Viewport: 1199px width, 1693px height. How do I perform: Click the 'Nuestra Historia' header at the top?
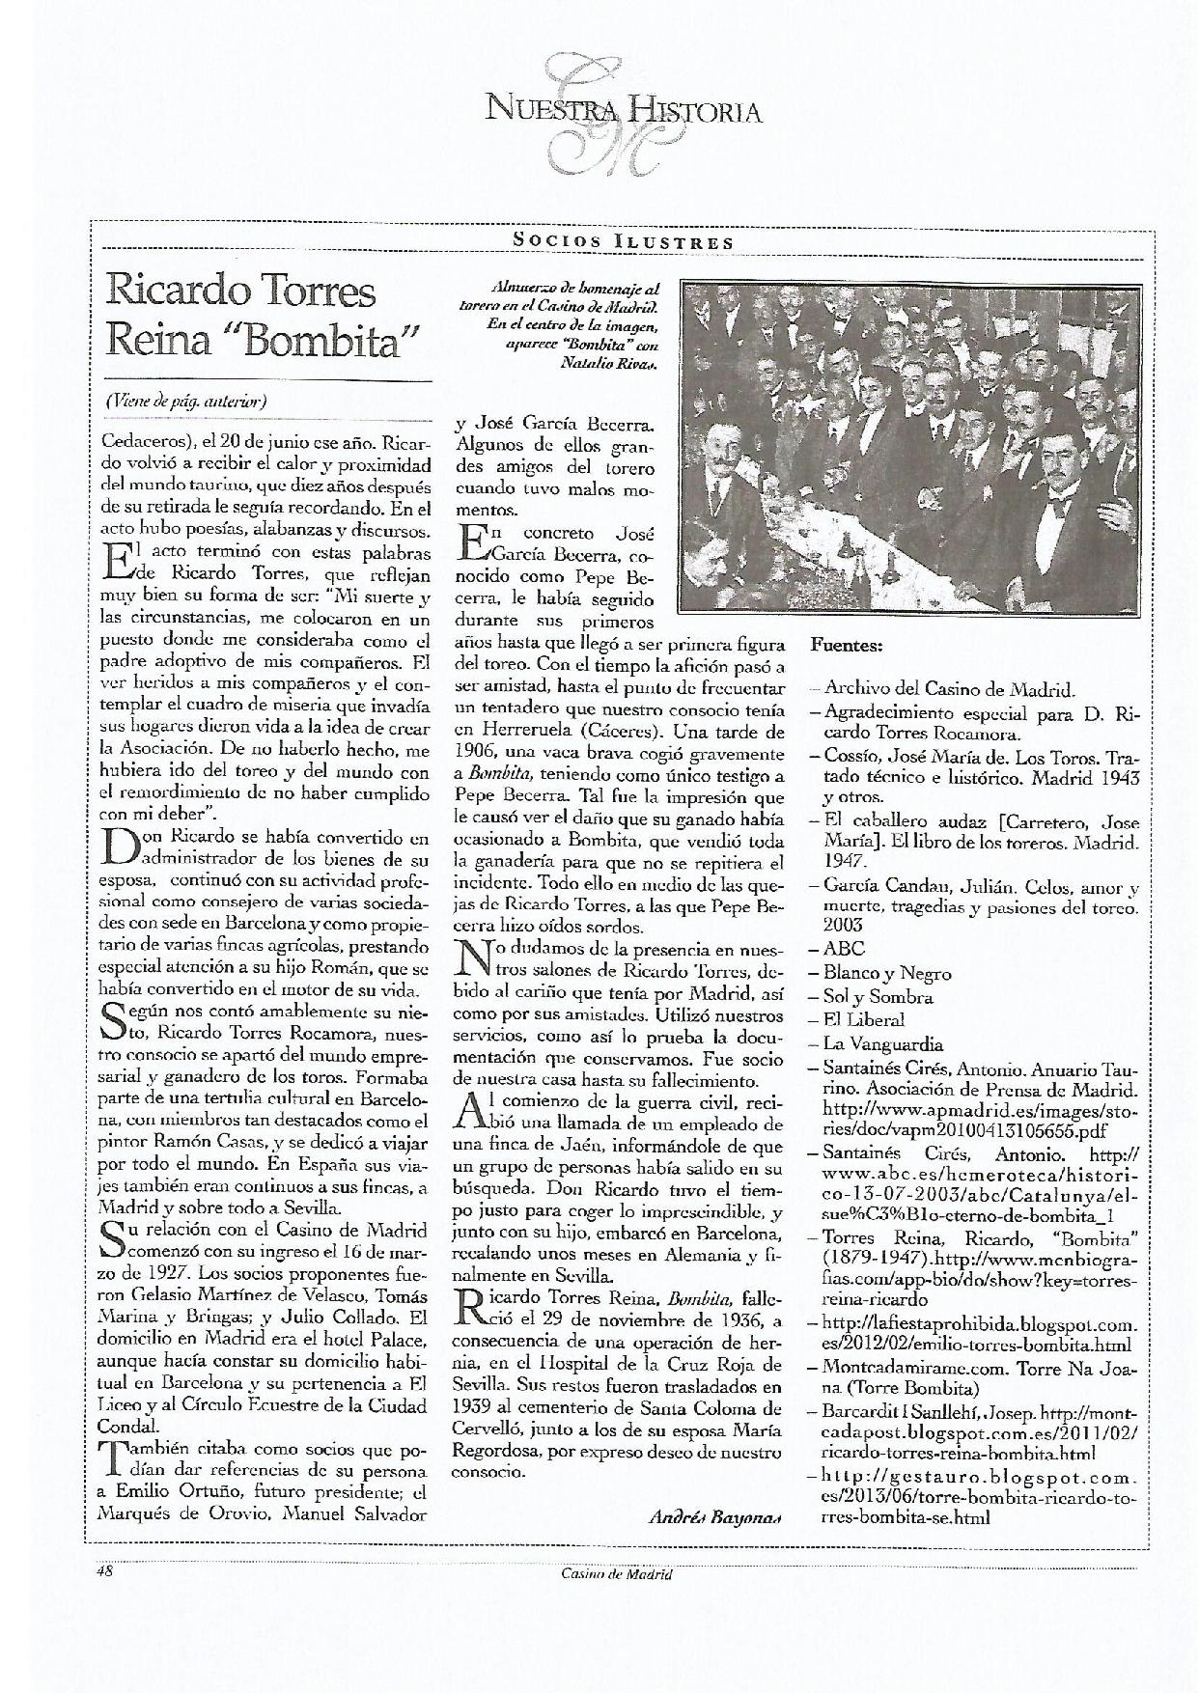click(624, 109)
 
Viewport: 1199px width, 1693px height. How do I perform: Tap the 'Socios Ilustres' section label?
click(622, 242)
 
